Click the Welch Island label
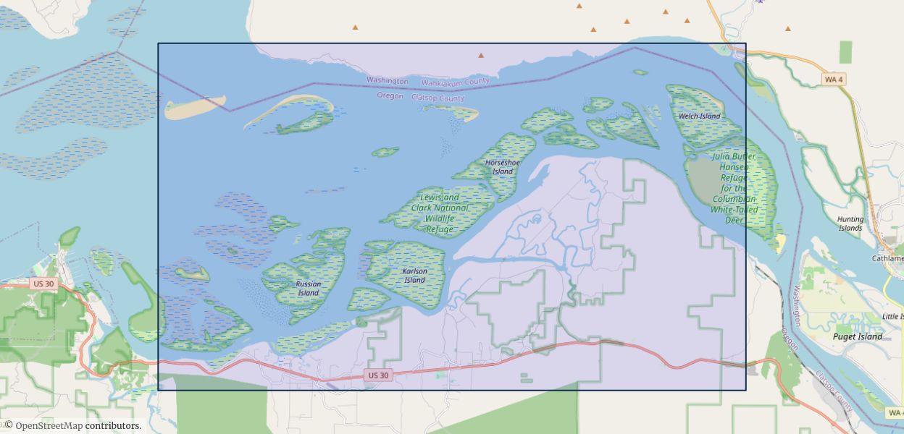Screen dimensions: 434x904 tap(699, 116)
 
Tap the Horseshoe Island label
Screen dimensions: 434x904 tap(503, 167)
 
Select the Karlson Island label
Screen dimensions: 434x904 tap(414, 276)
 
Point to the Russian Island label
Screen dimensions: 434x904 tap(309, 289)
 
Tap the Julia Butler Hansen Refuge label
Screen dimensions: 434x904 tap(734, 188)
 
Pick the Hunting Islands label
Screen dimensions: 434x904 tap(850, 224)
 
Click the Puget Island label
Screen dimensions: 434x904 tap(858, 336)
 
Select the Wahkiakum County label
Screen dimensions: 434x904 tap(455, 82)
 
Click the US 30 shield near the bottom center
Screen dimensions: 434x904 tap(378, 375)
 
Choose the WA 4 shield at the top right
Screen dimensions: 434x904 tap(834, 79)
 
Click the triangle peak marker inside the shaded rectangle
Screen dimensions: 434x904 tap(481, 55)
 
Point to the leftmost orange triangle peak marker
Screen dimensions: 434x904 tap(355, 27)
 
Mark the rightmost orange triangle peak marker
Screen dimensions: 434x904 tap(788, 29)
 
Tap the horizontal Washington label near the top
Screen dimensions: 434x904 tap(388, 81)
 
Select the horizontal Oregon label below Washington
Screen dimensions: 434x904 tap(390, 96)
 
